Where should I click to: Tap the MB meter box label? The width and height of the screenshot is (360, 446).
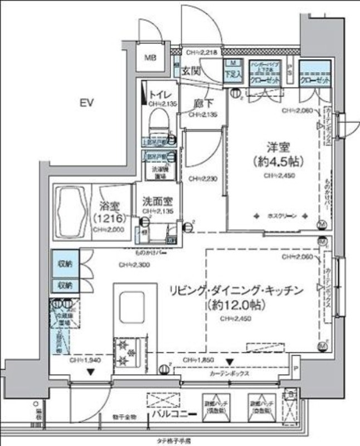coord(151,57)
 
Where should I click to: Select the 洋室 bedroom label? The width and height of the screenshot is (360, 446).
coord(276,148)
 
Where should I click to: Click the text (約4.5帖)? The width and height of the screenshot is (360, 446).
coord(276,162)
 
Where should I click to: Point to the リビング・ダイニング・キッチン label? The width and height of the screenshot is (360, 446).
coord(236,290)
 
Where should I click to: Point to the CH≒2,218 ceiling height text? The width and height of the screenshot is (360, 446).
coord(201,52)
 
